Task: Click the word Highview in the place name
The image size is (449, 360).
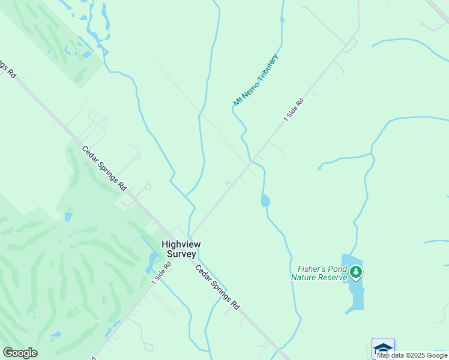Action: point(181,244)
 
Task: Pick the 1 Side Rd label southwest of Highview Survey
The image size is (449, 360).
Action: point(161,272)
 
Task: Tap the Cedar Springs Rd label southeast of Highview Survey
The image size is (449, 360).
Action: point(217,287)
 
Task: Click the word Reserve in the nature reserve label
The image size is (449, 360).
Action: point(334,277)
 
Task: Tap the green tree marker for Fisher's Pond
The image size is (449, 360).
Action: point(357,272)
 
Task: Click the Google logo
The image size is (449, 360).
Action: point(20,353)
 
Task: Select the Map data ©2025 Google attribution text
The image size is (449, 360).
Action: point(412,355)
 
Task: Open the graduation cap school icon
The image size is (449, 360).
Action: point(383,348)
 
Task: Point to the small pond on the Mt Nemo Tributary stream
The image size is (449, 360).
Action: point(265,200)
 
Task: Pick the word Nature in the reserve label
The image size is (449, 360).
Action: point(304,277)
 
